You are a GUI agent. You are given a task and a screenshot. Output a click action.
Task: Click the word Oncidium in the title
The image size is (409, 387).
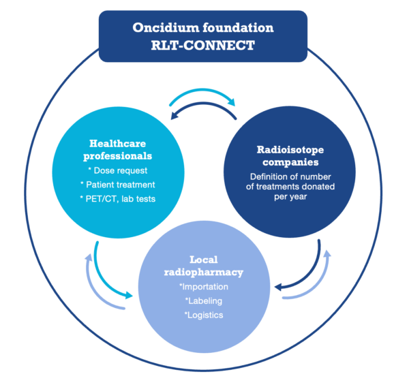tap(166, 28)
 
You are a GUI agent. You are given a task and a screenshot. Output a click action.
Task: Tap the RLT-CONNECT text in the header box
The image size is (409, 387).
tap(203, 45)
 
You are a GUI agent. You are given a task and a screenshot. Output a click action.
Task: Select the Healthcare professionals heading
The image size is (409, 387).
tap(118, 150)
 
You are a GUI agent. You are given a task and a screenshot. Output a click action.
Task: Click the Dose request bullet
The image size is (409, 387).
tap(118, 170)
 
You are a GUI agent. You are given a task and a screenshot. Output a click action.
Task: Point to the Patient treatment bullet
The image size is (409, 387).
tap(118, 185)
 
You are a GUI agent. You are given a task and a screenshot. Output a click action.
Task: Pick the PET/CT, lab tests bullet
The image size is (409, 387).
tap(118, 199)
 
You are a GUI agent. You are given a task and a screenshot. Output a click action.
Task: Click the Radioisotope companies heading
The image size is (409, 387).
tap(290, 156)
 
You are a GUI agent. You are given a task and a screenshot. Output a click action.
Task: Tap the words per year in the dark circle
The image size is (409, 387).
tap(290, 197)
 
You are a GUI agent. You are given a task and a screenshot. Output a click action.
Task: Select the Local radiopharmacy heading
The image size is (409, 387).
tap(204, 266)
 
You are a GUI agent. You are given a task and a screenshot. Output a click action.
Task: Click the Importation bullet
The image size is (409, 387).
tap(204, 287)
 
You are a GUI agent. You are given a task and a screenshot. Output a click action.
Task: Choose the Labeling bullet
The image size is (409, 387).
tap(204, 300)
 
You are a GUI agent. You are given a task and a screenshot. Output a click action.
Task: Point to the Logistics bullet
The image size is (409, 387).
tap(204, 315)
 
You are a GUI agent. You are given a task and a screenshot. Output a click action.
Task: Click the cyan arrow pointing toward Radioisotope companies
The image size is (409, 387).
tap(202, 90)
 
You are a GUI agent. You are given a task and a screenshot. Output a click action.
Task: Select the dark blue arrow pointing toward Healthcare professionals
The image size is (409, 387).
tap(203, 104)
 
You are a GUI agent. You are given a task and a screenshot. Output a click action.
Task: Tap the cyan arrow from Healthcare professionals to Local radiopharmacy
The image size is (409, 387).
tap(102, 277)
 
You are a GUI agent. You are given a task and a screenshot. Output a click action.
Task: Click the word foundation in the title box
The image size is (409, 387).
tap(238, 28)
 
